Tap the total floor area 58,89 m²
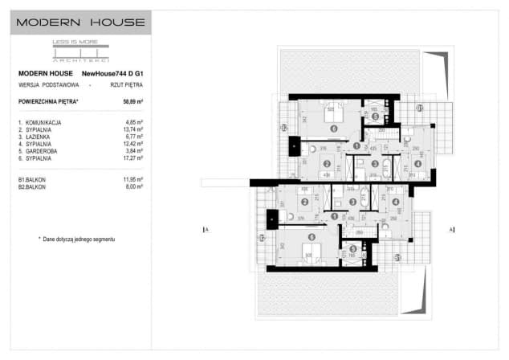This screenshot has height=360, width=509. click(x=132, y=102)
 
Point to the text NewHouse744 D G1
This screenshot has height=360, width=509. click(x=118, y=74)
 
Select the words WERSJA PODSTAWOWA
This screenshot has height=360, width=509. click(x=43, y=84)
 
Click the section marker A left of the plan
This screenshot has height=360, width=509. click(x=207, y=230)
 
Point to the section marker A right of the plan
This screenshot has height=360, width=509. click(x=452, y=230)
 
